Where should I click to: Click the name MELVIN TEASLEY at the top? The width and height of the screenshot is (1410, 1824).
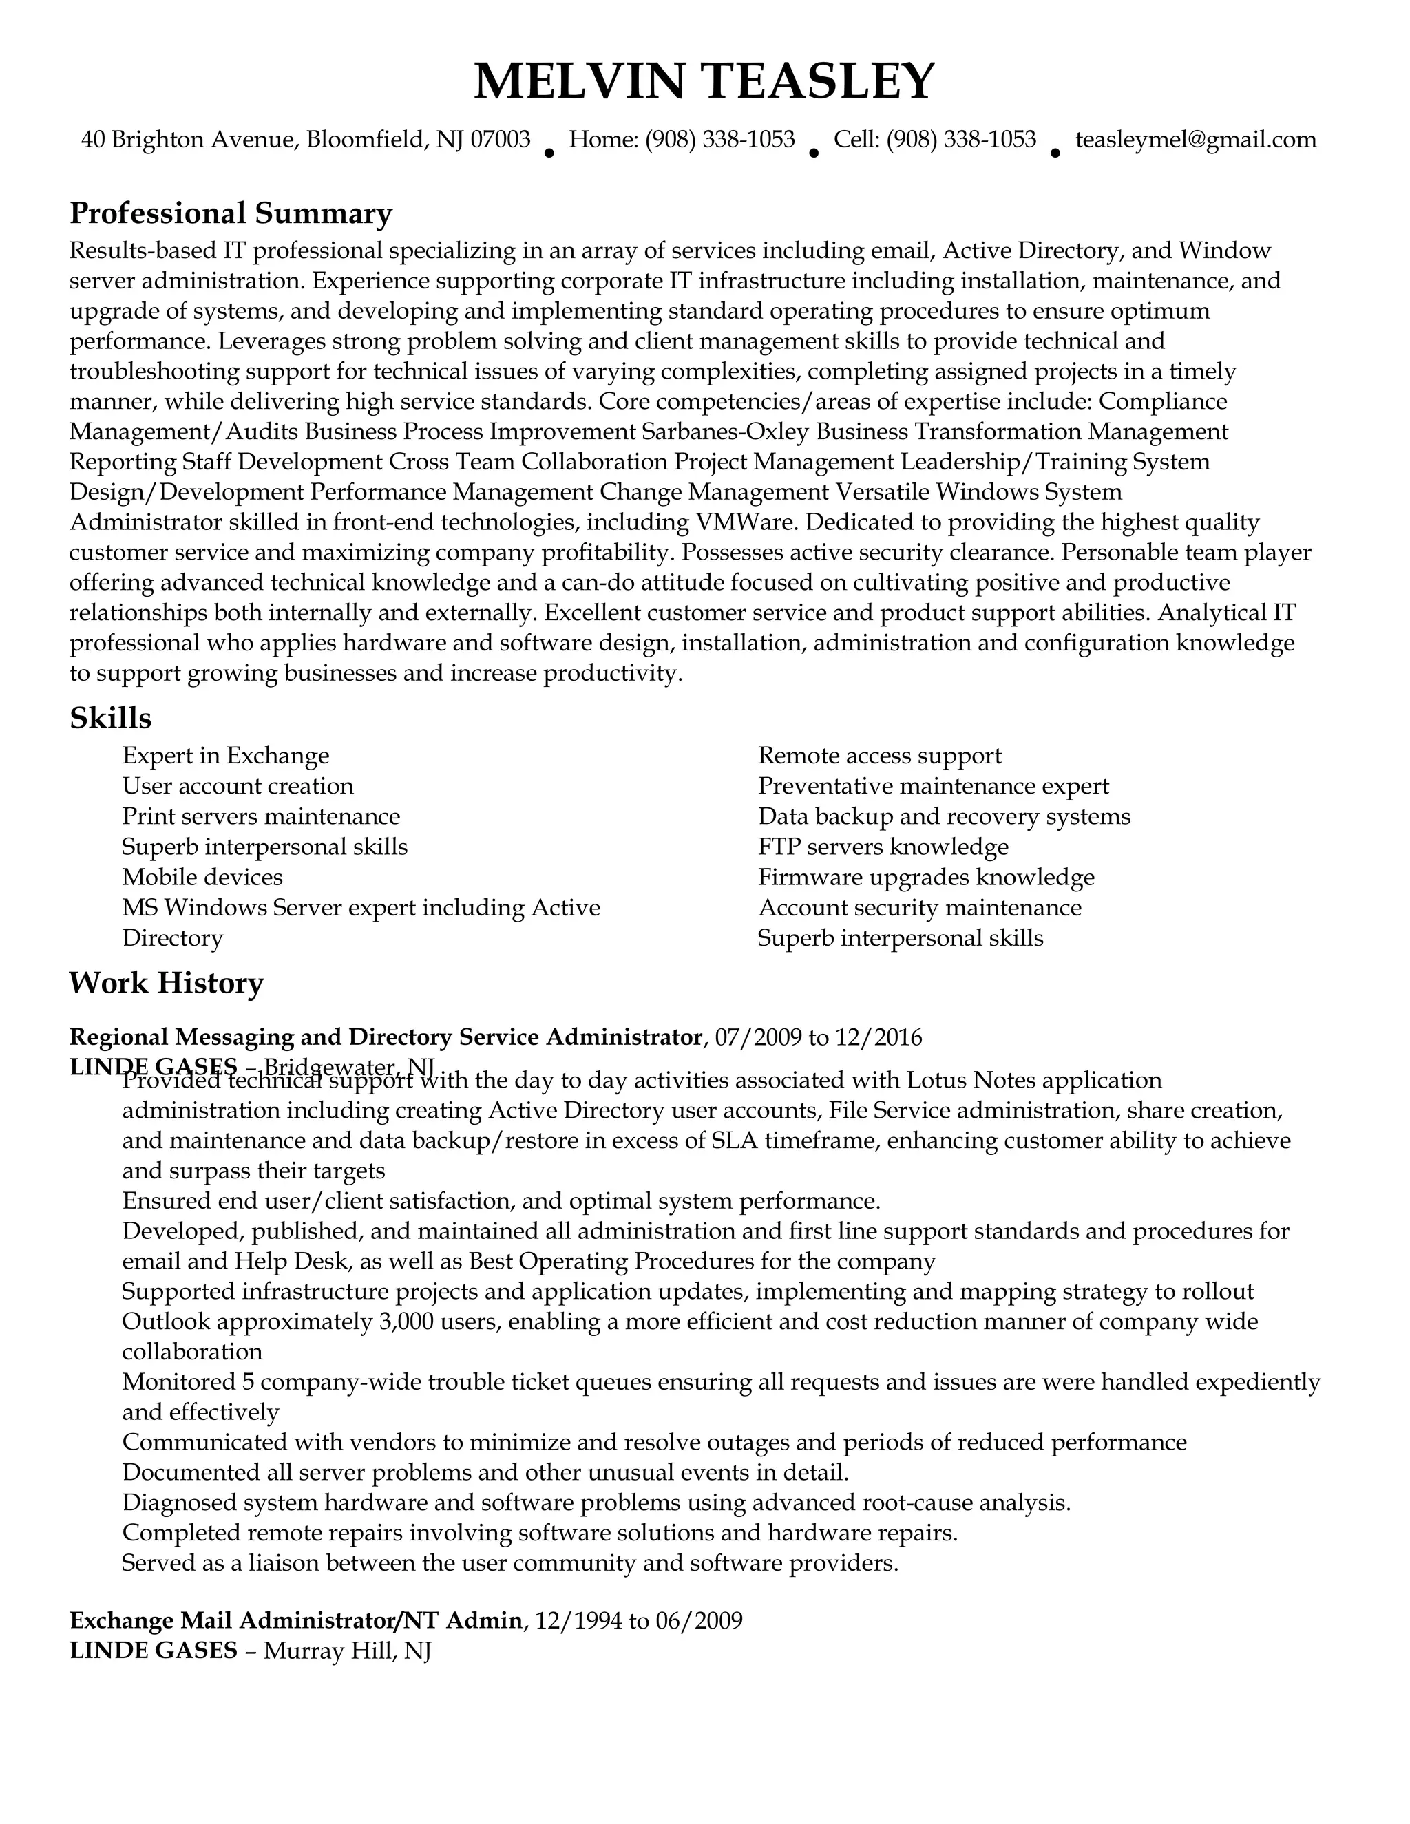704,81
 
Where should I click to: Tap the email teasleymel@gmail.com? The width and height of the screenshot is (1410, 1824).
1195,140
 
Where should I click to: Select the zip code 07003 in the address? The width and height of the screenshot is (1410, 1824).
501,140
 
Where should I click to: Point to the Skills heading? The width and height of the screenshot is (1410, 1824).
110,718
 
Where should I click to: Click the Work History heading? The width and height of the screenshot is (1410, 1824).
166,983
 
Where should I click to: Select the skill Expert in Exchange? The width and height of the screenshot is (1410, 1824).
226,756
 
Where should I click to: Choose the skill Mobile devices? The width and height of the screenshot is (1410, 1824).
202,877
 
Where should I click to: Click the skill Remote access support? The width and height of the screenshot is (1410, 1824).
880,756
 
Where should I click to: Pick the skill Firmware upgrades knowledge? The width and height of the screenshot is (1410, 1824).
925,877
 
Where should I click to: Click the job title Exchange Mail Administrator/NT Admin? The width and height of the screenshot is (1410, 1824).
295,1621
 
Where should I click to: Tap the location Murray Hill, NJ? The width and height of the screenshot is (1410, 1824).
347,1651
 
